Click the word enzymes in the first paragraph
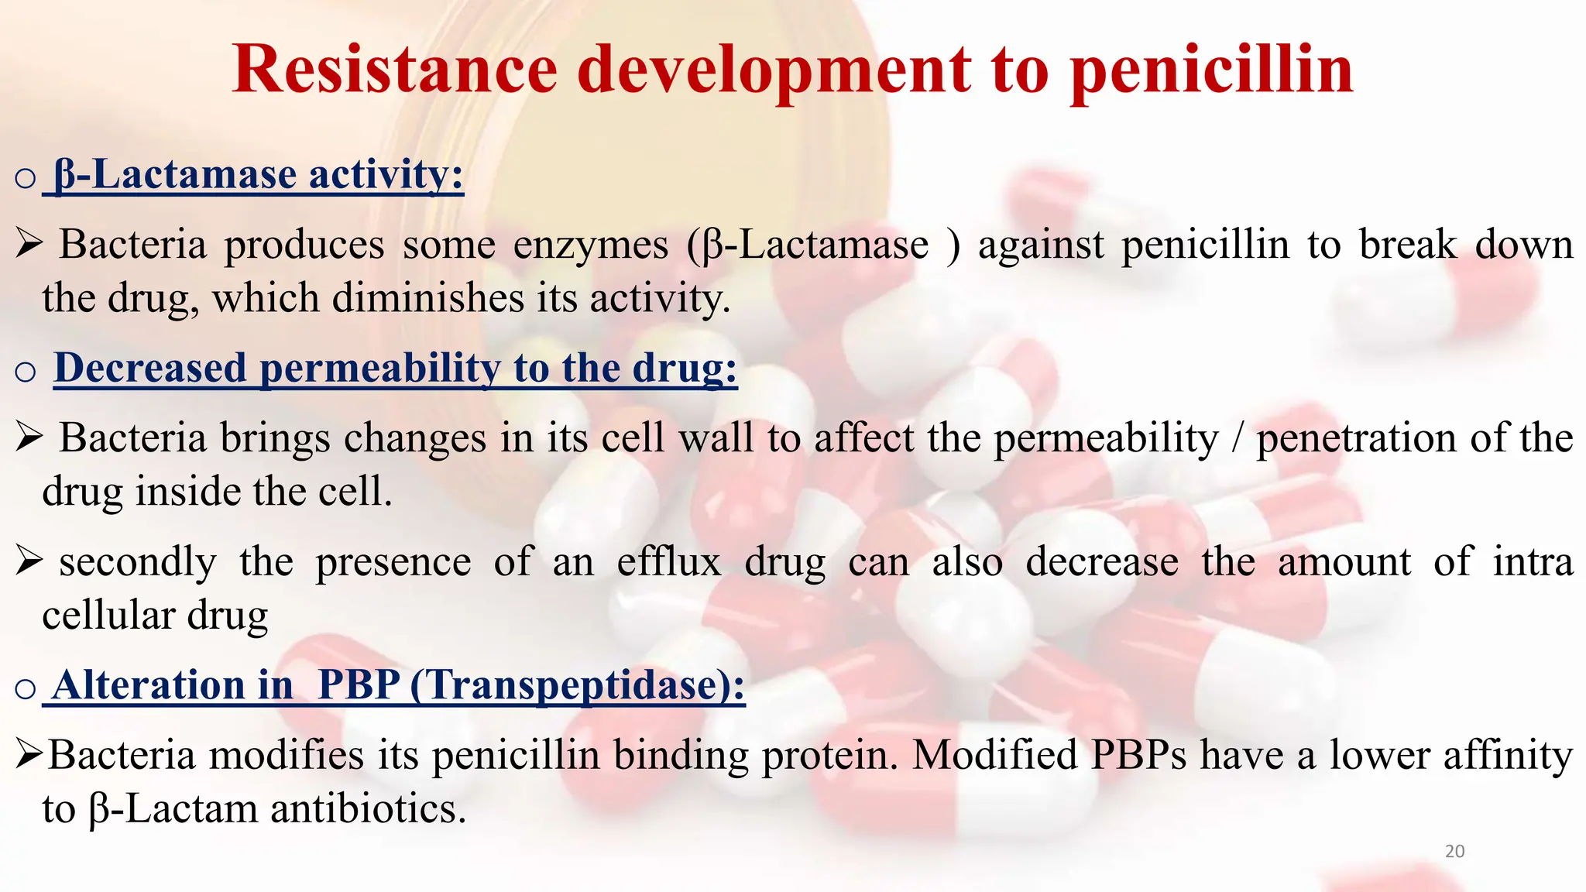coord(590,245)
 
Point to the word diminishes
coord(428,299)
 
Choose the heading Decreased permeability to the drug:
coord(395,368)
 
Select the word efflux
coord(669,562)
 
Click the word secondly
coord(138,563)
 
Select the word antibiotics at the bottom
coord(368,810)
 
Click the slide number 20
coord(1454,852)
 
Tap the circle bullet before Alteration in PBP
coord(26,688)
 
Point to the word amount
coord(1344,562)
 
